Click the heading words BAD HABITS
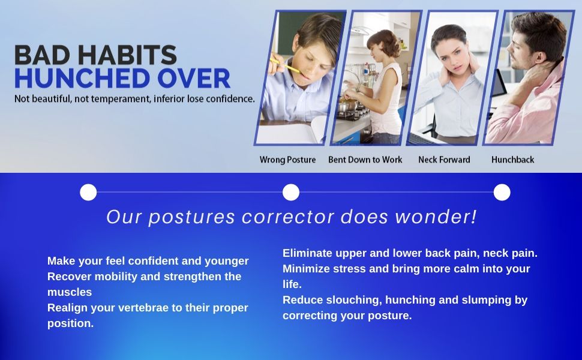click(95, 55)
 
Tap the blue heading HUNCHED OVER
click(122, 79)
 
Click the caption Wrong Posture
click(287, 160)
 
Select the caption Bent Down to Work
click(365, 160)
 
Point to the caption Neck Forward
click(444, 160)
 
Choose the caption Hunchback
click(512, 160)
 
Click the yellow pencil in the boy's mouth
click(286, 65)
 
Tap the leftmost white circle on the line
click(88, 192)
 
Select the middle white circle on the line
click(291, 192)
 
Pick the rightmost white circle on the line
click(502, 192)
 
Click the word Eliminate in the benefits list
click(307, 253)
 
